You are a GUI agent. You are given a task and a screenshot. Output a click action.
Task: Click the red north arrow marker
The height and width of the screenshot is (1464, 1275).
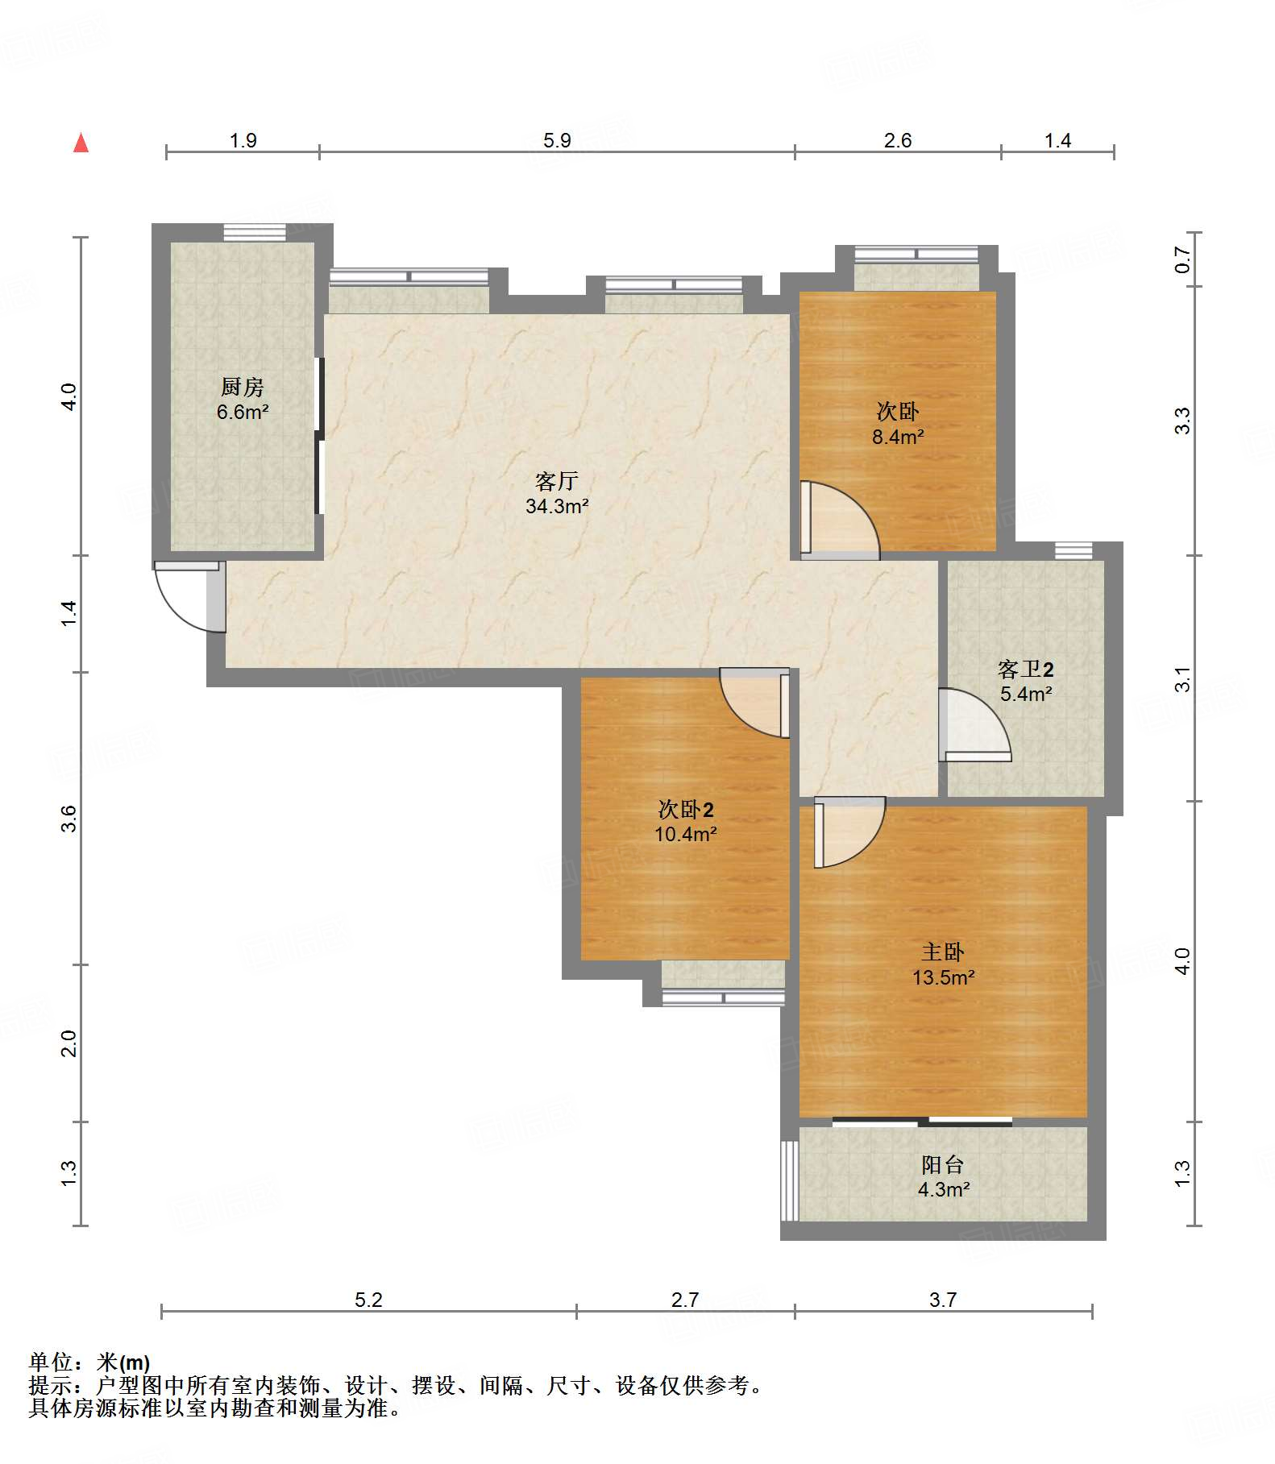pyautogui.click(x=81, y=143)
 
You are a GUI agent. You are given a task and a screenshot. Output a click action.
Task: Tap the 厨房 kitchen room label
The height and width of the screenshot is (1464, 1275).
pyautogui.click(x=242, y=387)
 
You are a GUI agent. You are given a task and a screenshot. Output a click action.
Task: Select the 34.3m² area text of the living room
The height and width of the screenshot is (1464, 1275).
pyautogui.click(x=557, y=506)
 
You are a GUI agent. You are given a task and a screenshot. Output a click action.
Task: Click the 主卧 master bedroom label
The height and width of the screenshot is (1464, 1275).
pyautogui.click(x=943, y=952)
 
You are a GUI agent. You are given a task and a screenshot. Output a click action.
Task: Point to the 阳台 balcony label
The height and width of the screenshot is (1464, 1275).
pyautogui.click(x=943, y=1164)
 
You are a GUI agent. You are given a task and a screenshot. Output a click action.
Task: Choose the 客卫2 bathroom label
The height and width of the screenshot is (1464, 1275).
pyautogui.click(x=1025, y=669)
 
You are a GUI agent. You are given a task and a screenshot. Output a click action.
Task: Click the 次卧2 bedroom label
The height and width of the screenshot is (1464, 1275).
pyautogui.click(x=686, y=809)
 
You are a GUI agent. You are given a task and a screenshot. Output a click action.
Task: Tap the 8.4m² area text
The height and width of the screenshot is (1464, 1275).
pyautogui.click(x=897, y=437)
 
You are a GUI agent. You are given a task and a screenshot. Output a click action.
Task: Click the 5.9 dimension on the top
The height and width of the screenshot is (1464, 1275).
pyautogui.click(x=557, y=140)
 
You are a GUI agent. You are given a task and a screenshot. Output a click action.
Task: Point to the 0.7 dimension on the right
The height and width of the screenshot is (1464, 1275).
pyautogui.click(x=1182, y=259)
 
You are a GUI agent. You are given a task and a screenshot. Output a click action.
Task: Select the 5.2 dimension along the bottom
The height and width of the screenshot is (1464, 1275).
pyautogui.click(x=368, y=1299)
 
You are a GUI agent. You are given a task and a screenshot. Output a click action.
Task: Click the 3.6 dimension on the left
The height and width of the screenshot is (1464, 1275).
pyautogui.click(x=69, y=818)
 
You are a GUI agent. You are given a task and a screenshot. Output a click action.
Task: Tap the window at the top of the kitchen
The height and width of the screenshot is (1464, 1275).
pyautogui.click(x=255, y=232)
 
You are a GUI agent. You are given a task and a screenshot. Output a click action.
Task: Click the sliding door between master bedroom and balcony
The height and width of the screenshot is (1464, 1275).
pyautogui.click(x=922, y=1121)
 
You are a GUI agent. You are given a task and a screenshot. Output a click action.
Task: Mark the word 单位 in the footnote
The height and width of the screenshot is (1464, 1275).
pyautogui.click(x=51, y=1362)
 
